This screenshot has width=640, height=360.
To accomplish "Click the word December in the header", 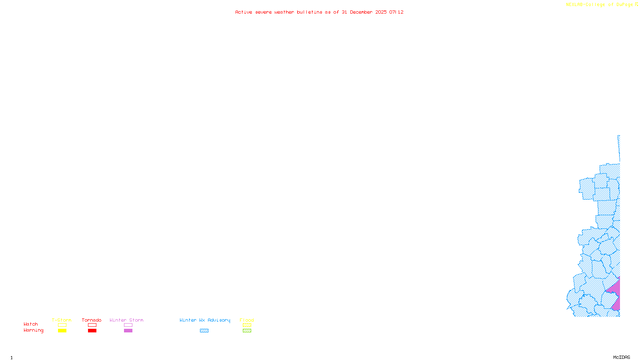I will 361,12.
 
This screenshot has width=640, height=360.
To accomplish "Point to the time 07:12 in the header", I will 396,12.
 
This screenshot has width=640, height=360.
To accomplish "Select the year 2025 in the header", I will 381,12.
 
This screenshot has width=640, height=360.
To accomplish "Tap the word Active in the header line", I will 244,12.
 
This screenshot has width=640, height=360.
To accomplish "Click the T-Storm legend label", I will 62,320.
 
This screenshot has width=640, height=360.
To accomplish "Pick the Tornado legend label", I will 92,320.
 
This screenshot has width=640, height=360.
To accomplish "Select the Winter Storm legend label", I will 126,320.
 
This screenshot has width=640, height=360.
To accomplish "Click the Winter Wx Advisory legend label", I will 205,320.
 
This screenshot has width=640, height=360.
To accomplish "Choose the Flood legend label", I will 247,320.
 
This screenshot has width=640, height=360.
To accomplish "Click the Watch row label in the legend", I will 31,324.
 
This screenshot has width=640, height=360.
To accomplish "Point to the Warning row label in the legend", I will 34,330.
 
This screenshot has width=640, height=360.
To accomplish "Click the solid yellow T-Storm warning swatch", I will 62,331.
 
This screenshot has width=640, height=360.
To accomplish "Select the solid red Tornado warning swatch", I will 92,331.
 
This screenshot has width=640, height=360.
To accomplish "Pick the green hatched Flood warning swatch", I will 247,331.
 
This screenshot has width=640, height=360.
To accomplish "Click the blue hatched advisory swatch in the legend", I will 204,331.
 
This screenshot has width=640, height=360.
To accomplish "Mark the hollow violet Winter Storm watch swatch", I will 128,325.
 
